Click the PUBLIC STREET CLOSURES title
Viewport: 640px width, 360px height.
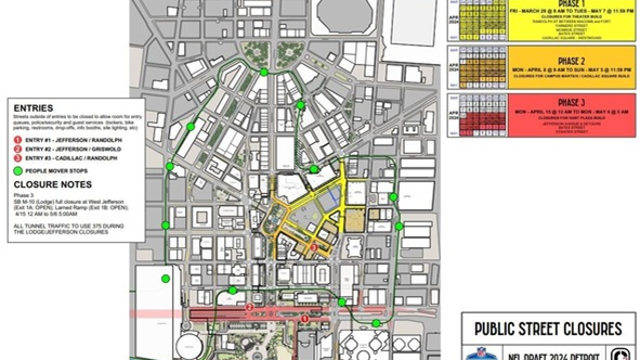549,328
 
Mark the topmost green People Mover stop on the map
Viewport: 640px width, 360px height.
264,72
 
